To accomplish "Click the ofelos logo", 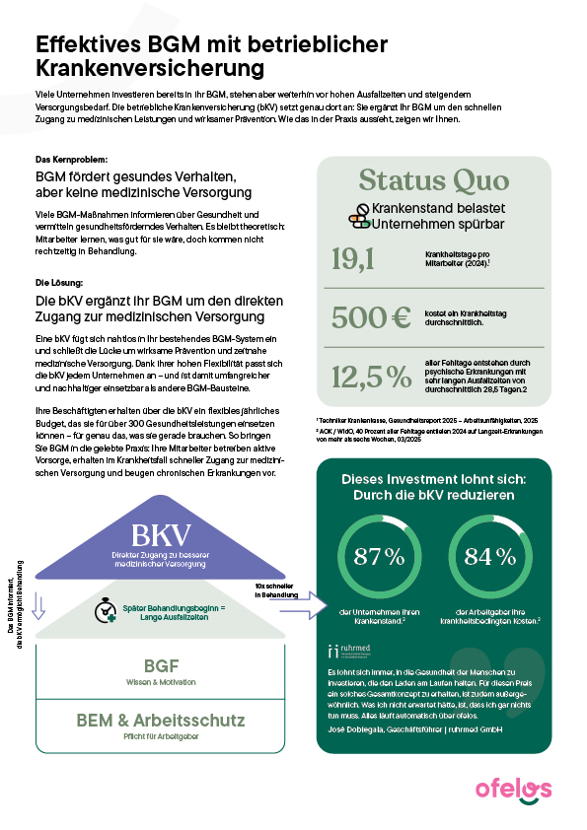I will point(513,790).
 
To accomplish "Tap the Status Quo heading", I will point(434,180).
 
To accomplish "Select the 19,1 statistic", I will point(356,259).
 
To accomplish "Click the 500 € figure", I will point(370,317).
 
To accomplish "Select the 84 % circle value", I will point(491,556).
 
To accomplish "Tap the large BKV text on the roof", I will point(159,537).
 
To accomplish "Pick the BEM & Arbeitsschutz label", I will point(160,720).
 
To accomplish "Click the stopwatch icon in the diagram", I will point(107,610).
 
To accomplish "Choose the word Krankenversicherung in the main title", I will point(151,69).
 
